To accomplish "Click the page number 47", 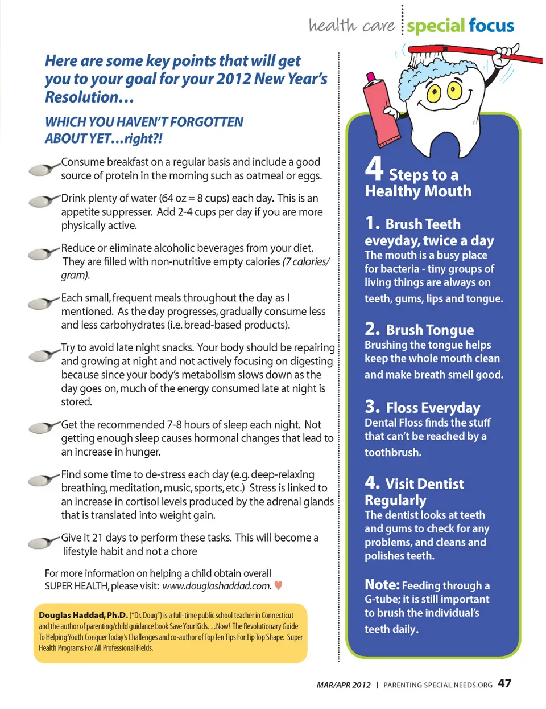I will (504, 683).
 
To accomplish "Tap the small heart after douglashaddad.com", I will (279, 585).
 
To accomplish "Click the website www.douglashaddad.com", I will (217, 586).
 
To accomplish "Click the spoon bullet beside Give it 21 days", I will (43, 543).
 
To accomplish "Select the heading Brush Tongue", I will (429, 330).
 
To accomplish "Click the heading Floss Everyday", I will (433, 408).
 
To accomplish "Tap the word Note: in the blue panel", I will (382, 585).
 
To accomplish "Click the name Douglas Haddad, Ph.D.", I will (83, 615).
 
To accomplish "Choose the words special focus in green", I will (460, 26).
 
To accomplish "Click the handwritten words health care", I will (351, 26).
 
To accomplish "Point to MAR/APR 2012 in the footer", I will (344, 685).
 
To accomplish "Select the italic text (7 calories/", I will (306, 262).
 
